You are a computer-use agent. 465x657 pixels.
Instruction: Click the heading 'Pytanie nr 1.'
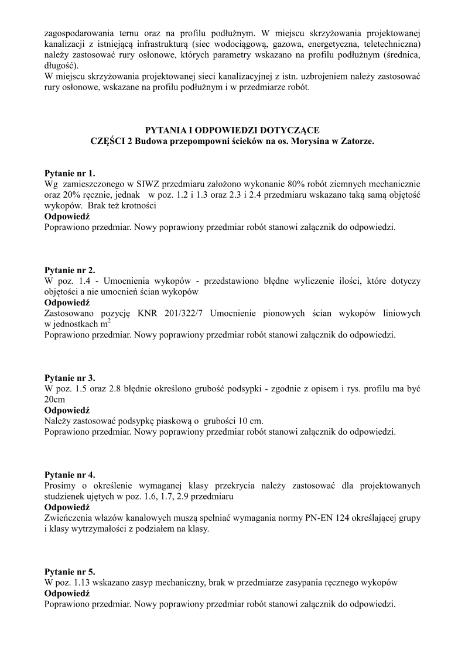click(69, 174)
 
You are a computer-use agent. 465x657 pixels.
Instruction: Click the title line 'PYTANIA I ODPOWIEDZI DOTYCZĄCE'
click(232, 130)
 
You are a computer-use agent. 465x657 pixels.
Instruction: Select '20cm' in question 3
click(55, 399)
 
